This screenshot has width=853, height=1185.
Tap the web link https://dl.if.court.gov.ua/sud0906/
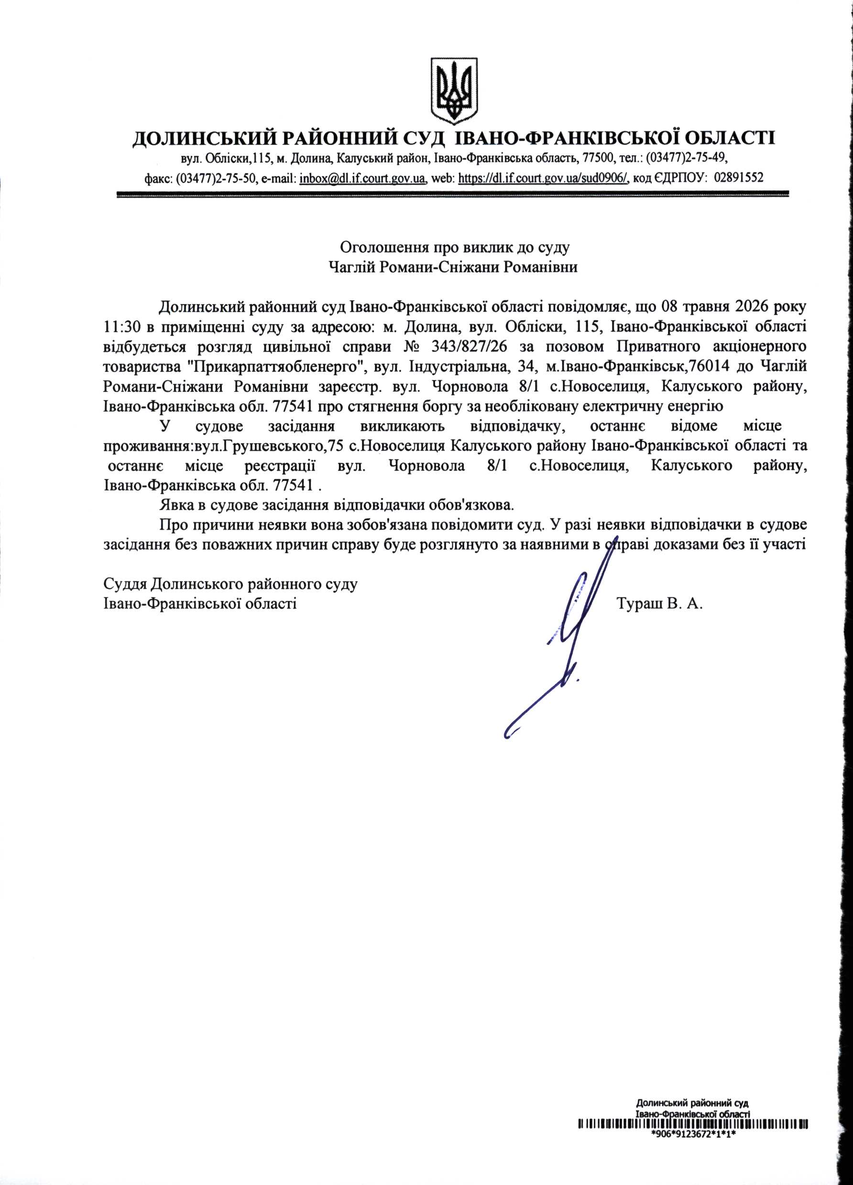tap(543, 178)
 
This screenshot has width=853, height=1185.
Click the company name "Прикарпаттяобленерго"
tap(275, 366)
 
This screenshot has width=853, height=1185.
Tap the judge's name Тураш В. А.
tap(660, 605)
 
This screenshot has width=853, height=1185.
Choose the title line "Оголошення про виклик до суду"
tap(454, 247)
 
